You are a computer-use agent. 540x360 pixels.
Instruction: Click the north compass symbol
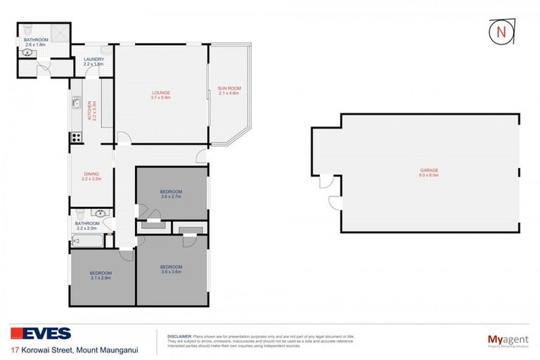click(x=499, y=33)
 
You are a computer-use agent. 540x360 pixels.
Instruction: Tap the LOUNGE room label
click(x=161, y=93)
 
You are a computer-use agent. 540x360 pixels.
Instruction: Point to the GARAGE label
click(x=429, y=170)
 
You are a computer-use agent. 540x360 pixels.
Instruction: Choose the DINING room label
click(x=91, y=174)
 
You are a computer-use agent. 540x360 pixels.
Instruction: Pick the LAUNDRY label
click(x=94, y=59)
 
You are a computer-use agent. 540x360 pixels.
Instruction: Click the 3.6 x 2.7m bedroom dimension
click(x=171, y=197)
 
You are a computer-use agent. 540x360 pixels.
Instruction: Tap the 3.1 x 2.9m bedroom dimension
click(x=101, y=277)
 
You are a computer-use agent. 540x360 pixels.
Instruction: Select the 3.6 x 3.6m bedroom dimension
click(x=171, y=271)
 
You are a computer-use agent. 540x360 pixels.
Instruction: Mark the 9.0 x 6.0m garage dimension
click(x=429, y=175)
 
